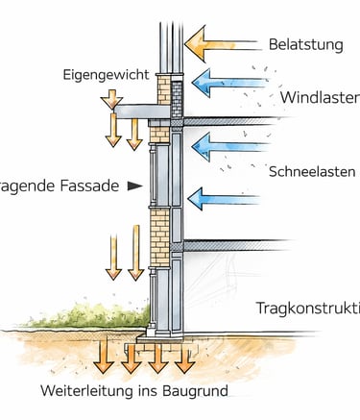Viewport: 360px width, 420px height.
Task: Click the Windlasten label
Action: tap(320, 97)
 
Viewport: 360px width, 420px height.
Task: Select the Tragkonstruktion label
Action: tap(307, 308)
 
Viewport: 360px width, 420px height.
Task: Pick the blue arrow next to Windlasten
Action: tap(226, 83)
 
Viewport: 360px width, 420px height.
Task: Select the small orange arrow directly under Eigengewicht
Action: tap(112, 98)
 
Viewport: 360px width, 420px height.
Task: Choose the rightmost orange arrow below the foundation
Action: tap(184, 358)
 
